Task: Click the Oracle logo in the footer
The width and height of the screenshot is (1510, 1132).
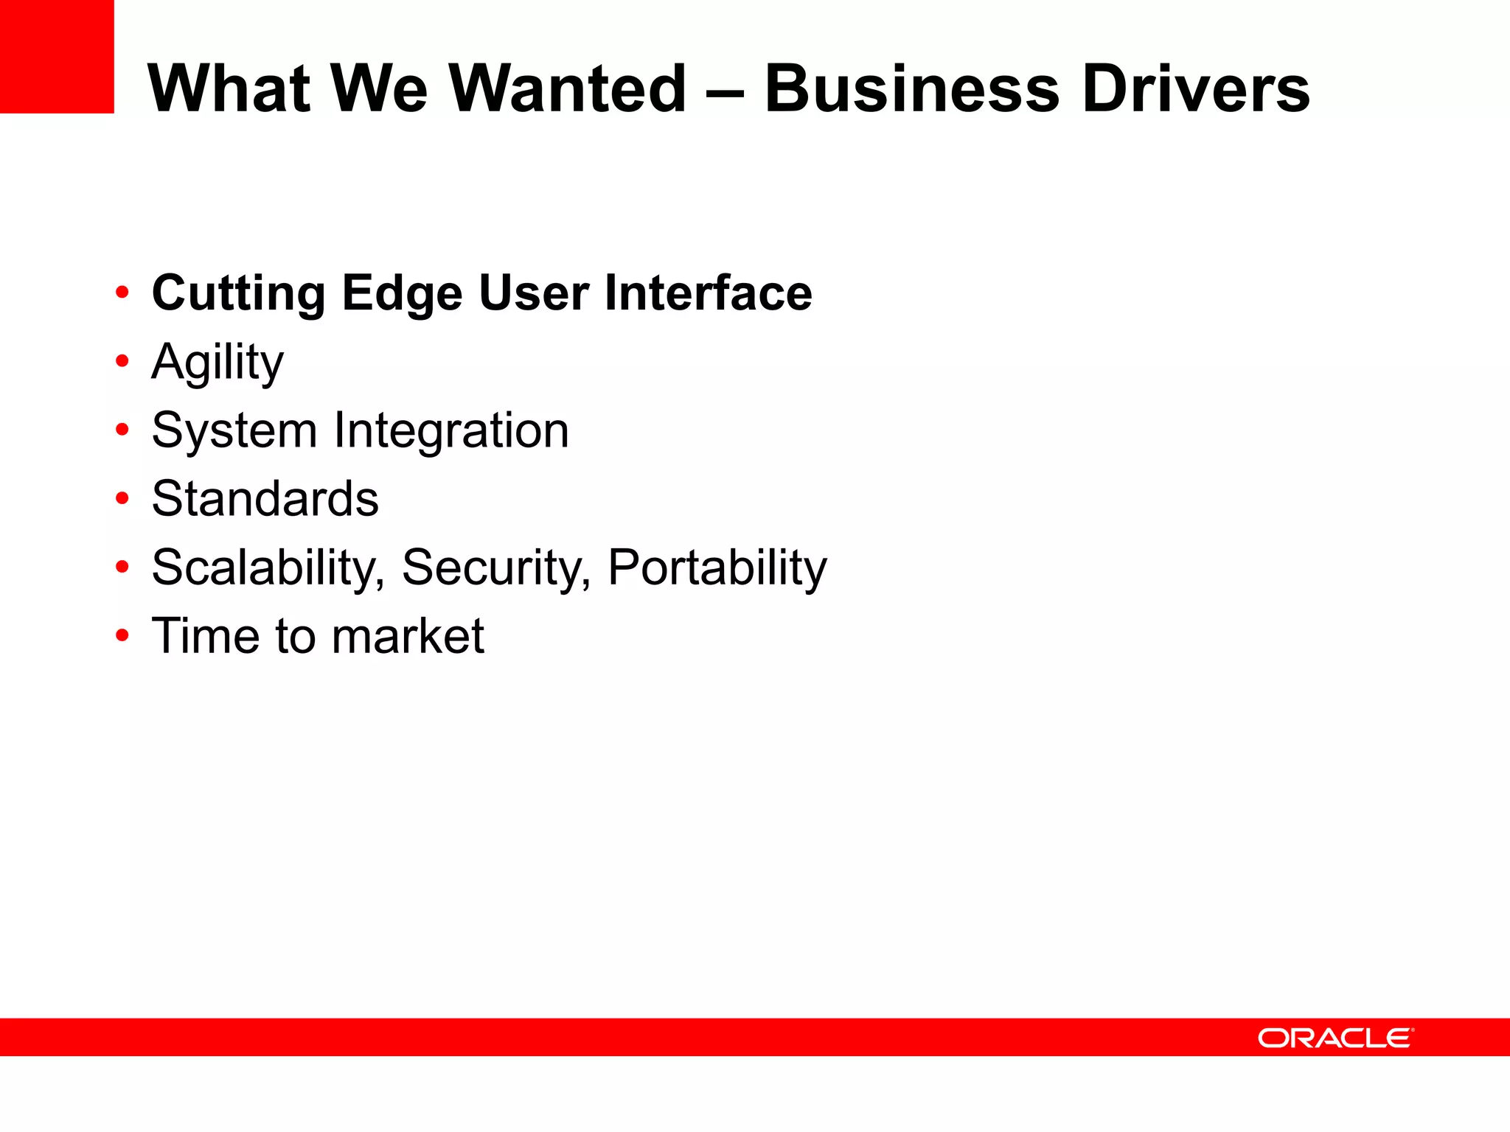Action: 1335,1038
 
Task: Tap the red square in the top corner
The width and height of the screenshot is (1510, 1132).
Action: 57,56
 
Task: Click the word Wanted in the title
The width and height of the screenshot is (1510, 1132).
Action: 568,88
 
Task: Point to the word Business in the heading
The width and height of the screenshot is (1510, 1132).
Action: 911,88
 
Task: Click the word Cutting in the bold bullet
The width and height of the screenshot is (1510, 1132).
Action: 238,293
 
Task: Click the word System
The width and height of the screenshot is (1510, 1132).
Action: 234,431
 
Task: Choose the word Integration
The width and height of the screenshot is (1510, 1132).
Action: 450,431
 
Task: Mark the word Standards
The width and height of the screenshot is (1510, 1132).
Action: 265,499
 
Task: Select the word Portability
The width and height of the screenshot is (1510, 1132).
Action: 717,568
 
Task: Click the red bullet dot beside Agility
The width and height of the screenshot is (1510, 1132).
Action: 122,361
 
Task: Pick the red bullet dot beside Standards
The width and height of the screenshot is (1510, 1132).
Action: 122,498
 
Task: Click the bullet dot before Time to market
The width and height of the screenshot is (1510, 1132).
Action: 122,635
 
